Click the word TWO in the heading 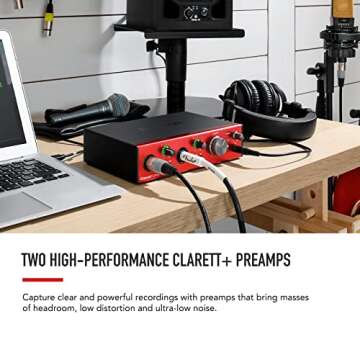(34, 261)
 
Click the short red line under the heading (42, 279)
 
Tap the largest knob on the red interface (217, 146)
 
